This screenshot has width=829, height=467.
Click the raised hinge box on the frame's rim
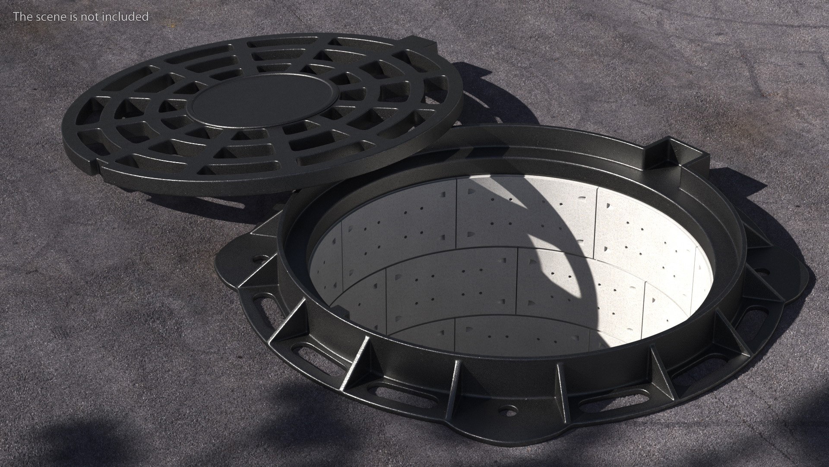669,154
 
